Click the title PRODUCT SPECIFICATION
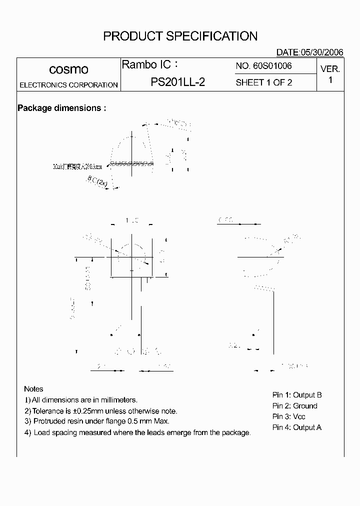[180, 36]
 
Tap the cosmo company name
[68, 69]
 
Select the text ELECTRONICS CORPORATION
[68, 85]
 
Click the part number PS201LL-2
[177, 82]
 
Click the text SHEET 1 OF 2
[263, 82]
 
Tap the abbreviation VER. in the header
[330, 69]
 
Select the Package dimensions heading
[61, 108]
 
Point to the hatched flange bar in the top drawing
[130, 163]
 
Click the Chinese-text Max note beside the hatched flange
[77, 166]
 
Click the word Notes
[33, 389]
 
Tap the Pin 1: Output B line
[297, 395]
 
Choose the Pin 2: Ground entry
[295, 406]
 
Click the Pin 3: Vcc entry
[289, 416]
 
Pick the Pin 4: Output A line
[297, 427]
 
